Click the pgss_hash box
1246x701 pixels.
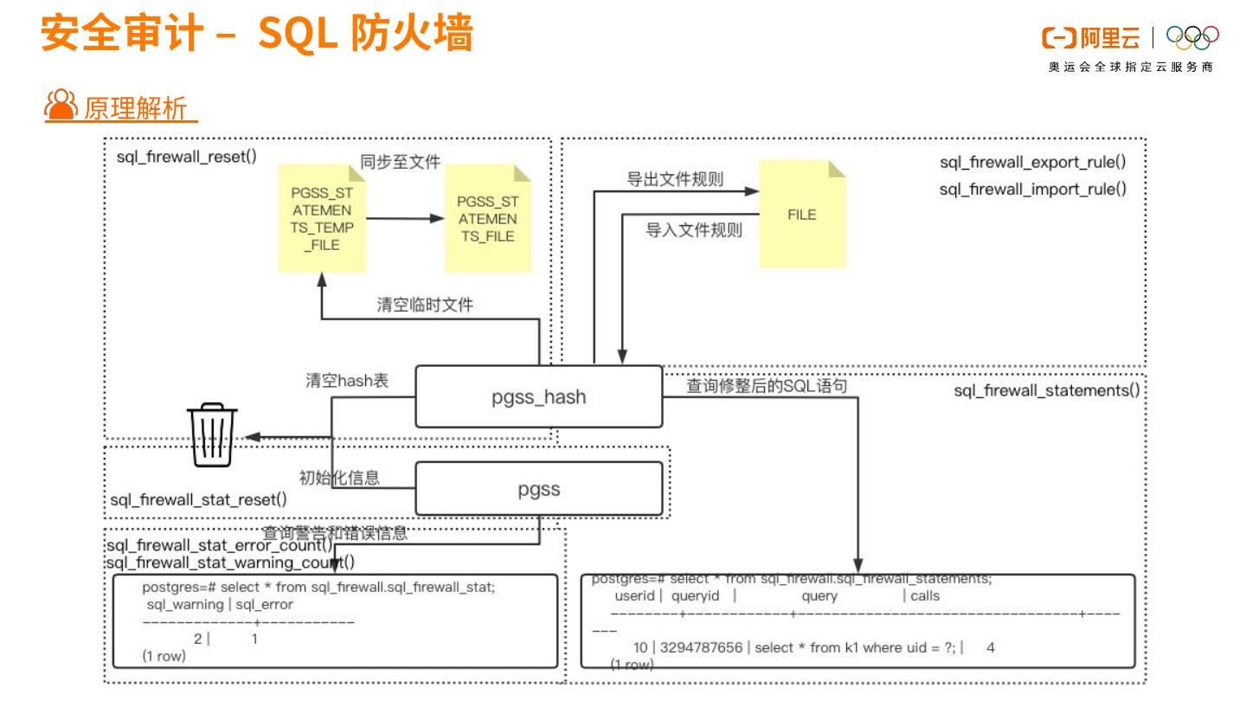click(539, 396)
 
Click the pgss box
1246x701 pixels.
click(539, 489)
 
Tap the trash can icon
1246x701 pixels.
click(213, 436)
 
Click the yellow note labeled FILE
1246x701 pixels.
click(801, 215)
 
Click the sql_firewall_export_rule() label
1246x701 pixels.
click(1033, 162)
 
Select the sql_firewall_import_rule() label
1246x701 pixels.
click(1033, 190)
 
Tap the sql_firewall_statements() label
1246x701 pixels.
click(1046, 390)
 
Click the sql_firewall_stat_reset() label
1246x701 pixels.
click(199, 500)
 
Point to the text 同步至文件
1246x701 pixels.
click(401, 162)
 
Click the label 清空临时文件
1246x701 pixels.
click(425, 305)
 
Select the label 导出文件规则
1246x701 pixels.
click(675, 180)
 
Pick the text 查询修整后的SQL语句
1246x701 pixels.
click(767, 386)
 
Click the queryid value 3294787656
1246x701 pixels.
click(700, 647)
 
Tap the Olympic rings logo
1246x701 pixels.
click(1192, 35)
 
